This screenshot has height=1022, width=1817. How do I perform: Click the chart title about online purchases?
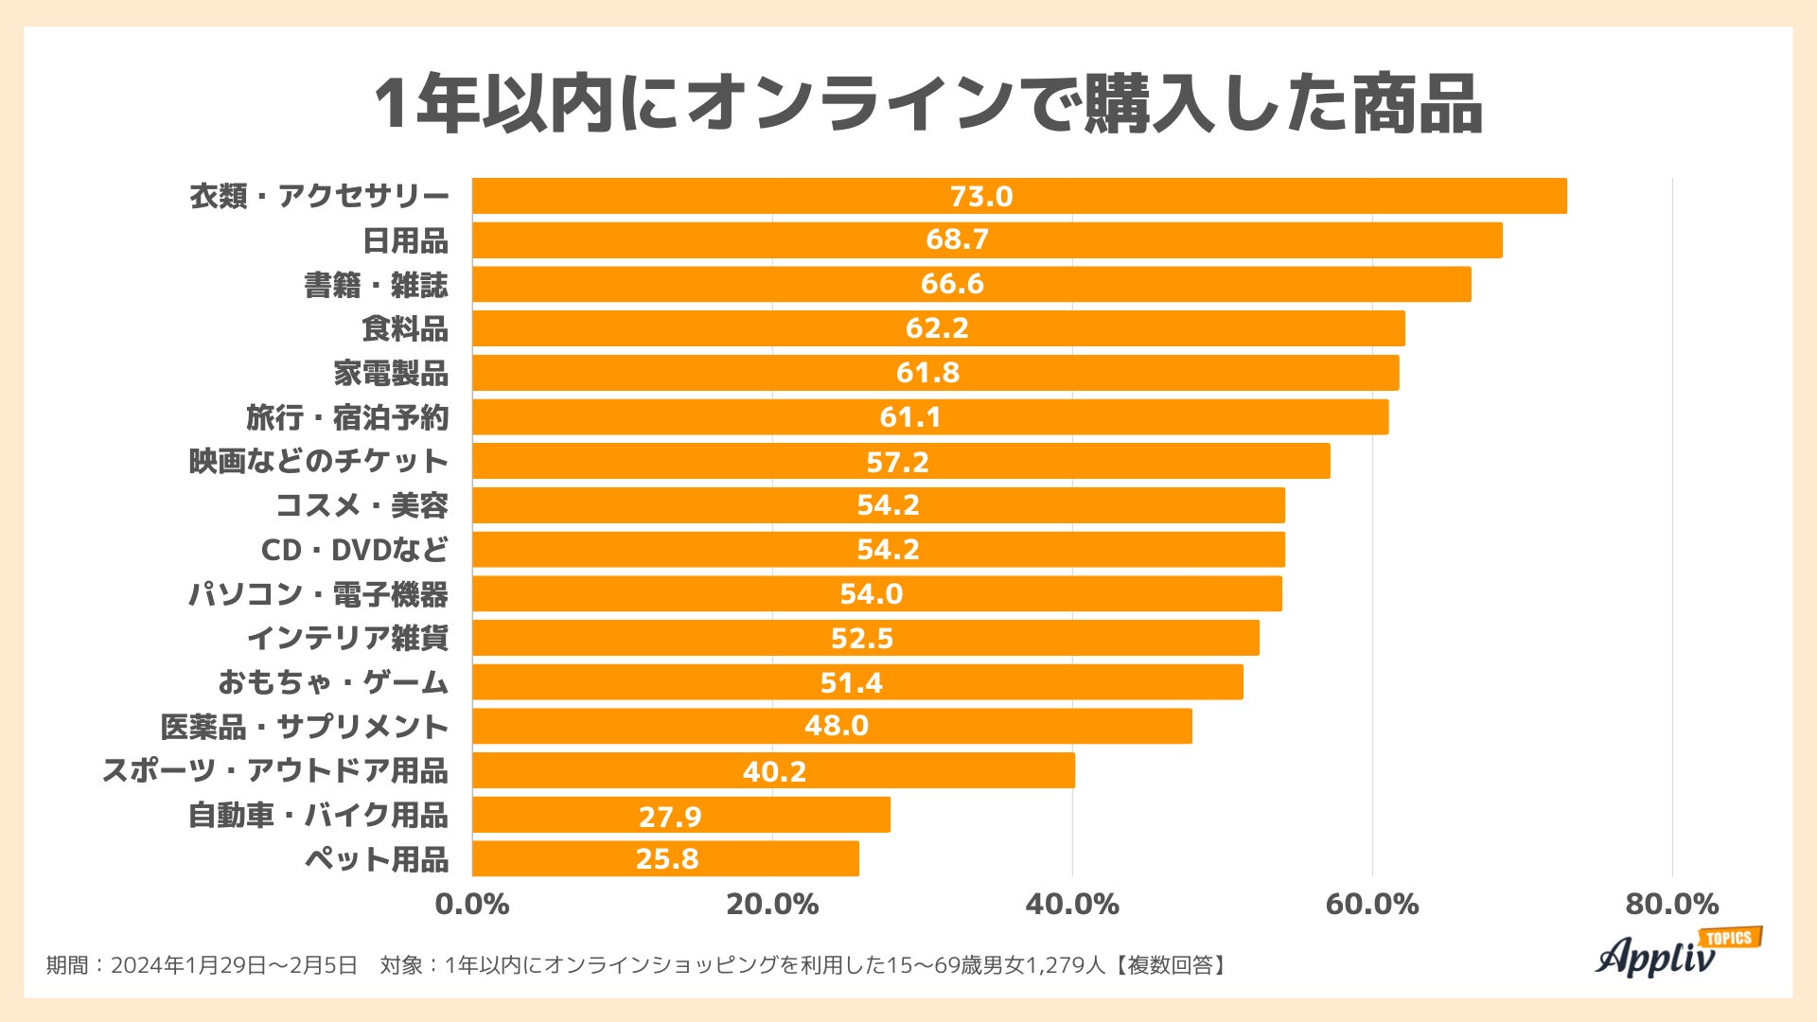click(x=927, y=104)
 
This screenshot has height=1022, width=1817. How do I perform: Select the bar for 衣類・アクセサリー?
click(x=1019, y=196)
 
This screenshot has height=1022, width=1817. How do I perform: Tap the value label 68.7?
click(x=957, y=239)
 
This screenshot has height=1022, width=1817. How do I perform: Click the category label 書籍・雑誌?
click(x=376, y=285)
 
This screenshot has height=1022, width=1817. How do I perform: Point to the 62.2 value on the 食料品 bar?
click(x=937, y=328)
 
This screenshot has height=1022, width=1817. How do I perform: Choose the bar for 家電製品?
click(x=935, y=373)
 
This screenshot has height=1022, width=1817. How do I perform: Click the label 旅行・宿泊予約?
click(x=347, y=417)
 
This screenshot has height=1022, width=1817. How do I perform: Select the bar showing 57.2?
click(x=901, y=461)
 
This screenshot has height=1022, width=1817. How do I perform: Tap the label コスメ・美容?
click(x=362, y=505)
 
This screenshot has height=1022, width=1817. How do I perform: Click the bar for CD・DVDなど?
click(x=878, y=549)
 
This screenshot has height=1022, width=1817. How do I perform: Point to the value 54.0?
click(x=871, y=594)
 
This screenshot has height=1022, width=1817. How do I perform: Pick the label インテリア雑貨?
click(x=347, y=638)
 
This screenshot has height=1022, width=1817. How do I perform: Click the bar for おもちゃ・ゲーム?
click(x=857, y=682)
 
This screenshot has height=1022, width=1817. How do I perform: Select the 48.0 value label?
click(x=836, y=726)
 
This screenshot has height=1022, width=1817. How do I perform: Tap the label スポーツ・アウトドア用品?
click(x=274, y=770)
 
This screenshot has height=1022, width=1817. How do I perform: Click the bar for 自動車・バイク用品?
click(x=681, y=815)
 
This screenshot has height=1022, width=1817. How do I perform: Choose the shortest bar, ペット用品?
click(x=665, y=858)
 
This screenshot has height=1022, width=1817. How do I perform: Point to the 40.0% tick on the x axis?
click(x=1072, y=905)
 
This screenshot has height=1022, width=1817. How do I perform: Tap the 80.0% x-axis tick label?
click(x=1671, y=905)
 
